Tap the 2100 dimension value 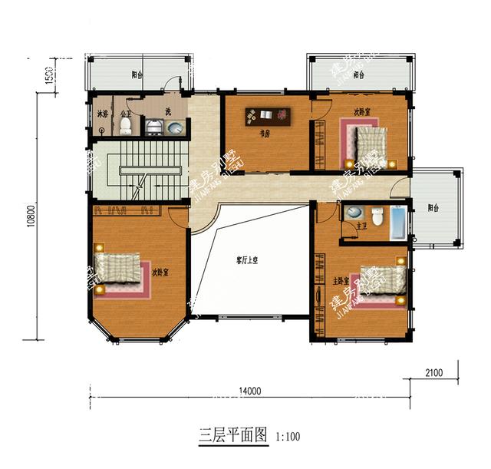[x=433, y=373]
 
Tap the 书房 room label [x=263, y=133]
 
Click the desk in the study [x=268, y=116]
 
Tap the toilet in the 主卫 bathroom [x=377, y=214]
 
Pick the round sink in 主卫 [x=354, y=212]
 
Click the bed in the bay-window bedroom [x=120, y=274]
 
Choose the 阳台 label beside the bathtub [x=434, y=208]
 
